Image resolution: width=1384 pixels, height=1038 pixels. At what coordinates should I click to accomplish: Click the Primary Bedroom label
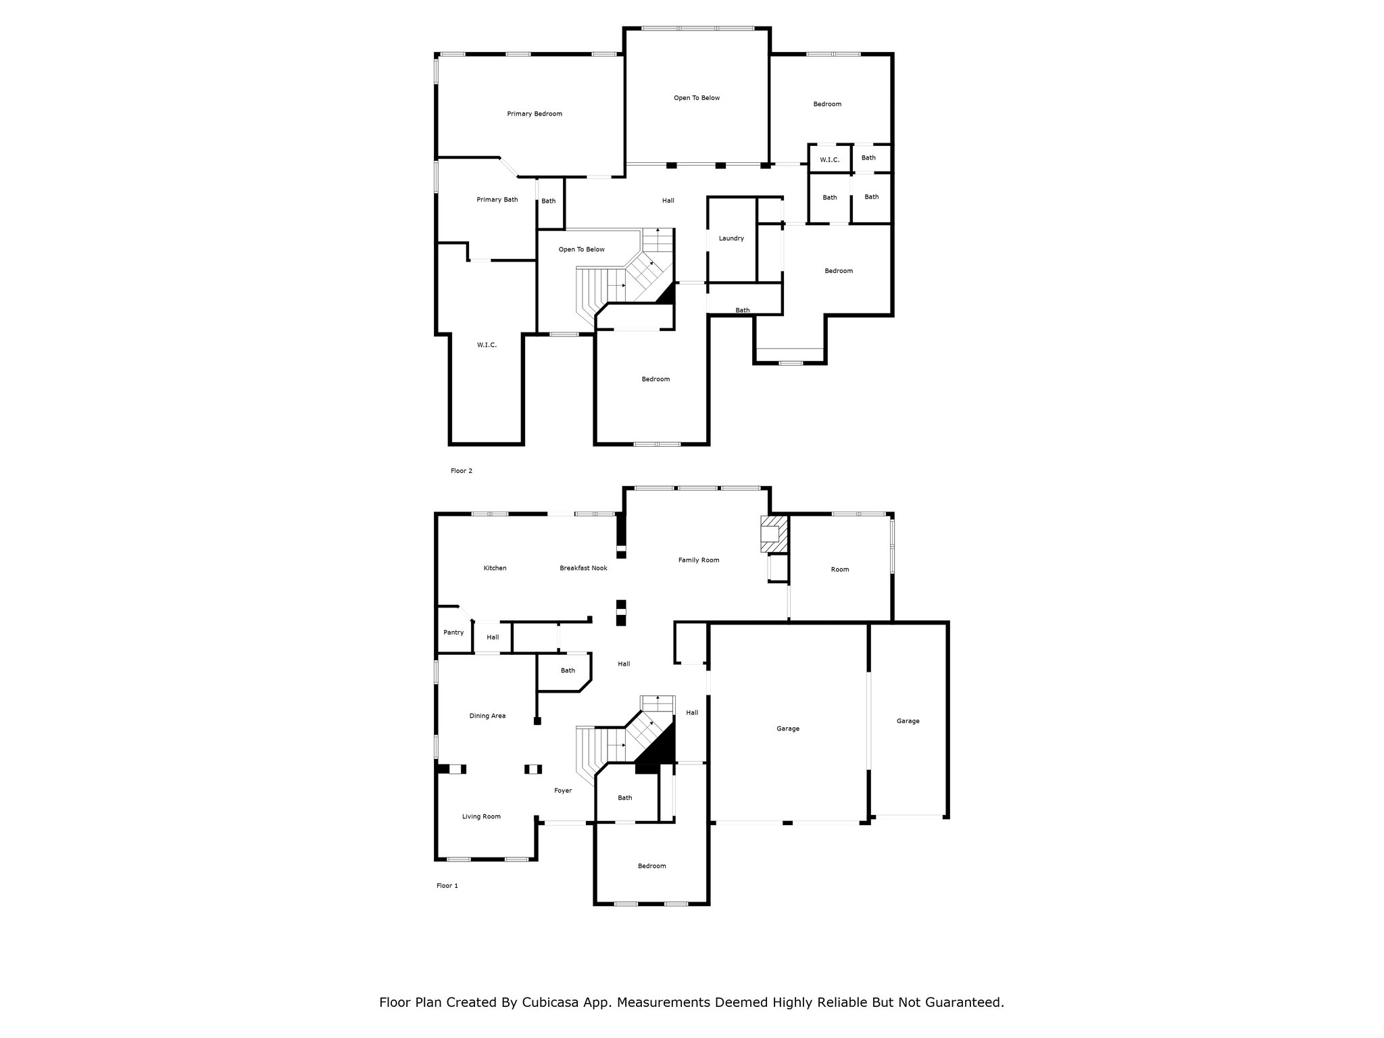tap(535, 114)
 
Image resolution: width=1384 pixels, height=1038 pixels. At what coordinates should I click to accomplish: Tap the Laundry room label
tap(731, 238)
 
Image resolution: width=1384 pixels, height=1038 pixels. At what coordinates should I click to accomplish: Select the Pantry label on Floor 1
tap(453, 633)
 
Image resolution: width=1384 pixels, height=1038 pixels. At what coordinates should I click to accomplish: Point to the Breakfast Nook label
tap(583, 568)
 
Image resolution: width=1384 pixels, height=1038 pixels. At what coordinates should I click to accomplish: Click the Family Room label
tap(699, 560)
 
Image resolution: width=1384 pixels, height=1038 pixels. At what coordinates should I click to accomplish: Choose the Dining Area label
tap(487, 716)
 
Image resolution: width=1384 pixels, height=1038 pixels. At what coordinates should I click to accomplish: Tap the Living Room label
tap(481, 816)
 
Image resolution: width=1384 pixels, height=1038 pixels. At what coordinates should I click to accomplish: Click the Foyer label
tap(563, 791)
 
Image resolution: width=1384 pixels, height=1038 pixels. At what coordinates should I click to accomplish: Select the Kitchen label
tap(495, 568)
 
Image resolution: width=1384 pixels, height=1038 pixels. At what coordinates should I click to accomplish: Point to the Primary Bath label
tap(497, 199)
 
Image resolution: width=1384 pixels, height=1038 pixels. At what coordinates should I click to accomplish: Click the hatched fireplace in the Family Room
tap(774, 535)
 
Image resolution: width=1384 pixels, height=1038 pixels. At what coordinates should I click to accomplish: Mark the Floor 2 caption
tap(462, 470)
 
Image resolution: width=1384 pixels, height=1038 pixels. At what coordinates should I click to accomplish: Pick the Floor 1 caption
tap(447, 885)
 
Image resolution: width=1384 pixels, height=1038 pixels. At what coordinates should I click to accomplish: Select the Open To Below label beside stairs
tap(581, 249)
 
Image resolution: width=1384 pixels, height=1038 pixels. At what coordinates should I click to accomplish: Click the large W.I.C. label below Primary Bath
tap(487, 345)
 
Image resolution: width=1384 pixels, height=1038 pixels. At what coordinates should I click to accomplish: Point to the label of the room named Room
tap(840, 569)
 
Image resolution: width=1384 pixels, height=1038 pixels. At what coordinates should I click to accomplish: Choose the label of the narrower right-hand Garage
tap(908, 721)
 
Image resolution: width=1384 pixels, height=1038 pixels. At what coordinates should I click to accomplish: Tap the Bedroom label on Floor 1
tap(651, 866)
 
